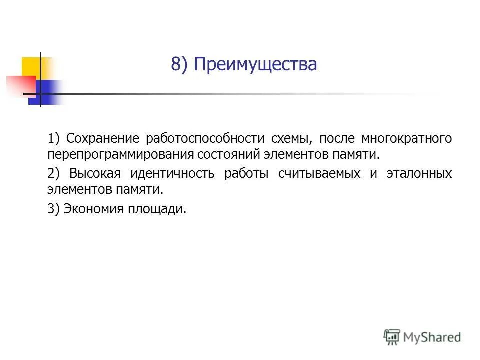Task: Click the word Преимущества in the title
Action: point(255,65)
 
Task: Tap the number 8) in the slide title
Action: point(180,65)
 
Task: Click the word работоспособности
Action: point(204,138)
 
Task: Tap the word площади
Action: point(159,210)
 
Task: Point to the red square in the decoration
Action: point(19,85)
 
